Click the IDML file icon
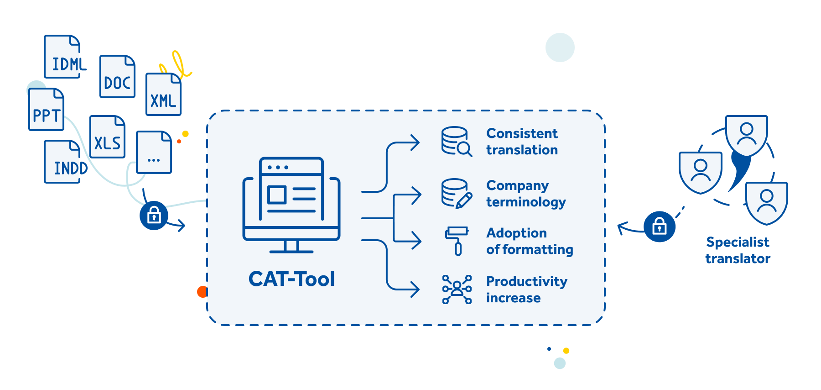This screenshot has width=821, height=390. click(62, 57)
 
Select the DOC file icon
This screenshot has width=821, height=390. click(117, 76)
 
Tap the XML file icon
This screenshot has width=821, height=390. click(163, 94)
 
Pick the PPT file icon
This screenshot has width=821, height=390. click(46, 110)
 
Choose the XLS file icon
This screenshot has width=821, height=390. click(107, 137)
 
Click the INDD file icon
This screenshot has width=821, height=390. click(62, 162)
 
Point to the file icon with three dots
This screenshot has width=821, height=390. click(154, 153)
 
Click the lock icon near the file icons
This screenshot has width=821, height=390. click(154, 215)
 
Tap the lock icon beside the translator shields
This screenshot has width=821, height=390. click(660, 226)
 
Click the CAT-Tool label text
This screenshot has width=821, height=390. click(291, 279)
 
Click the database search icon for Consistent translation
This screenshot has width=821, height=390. click(456, 142)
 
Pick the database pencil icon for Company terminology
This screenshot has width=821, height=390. click(456, 194)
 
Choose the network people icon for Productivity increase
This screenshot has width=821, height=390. click(457, 289)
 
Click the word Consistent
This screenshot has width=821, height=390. click(522, 133)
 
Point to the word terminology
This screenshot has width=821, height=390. click(526, 202)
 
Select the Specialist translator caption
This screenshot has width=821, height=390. click(738, 250)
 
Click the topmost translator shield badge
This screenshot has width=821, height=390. click(747, 135)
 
